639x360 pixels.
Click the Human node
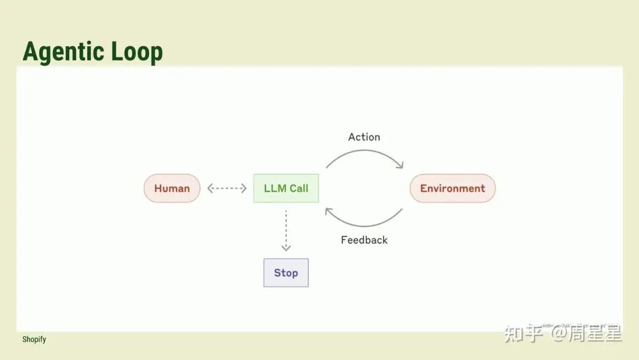point(172,188)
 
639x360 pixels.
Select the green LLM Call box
point(286,188)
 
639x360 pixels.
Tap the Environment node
point(453,188)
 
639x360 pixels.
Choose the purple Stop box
point(286,273)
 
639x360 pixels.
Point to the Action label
point(364,137)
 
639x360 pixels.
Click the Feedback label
point(364,240)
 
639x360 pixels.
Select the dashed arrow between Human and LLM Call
point(227,188)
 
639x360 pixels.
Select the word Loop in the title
point(137,52)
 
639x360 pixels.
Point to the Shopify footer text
point(34,339)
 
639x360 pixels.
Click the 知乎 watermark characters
point(523,334)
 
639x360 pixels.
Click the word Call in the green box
point(299,188)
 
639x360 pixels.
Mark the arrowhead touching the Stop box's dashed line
point(286,247)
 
